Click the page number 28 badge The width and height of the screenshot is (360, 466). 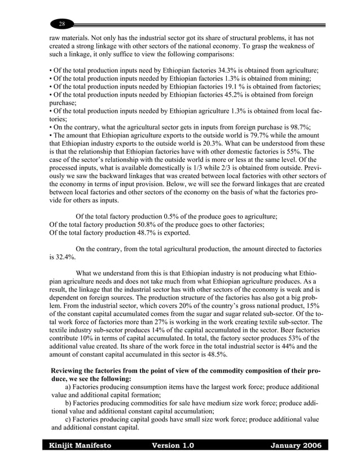(x=62, y=24)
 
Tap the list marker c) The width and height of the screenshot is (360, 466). (x=68, y=419)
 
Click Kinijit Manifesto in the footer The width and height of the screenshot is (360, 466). (x=79, y=446)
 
